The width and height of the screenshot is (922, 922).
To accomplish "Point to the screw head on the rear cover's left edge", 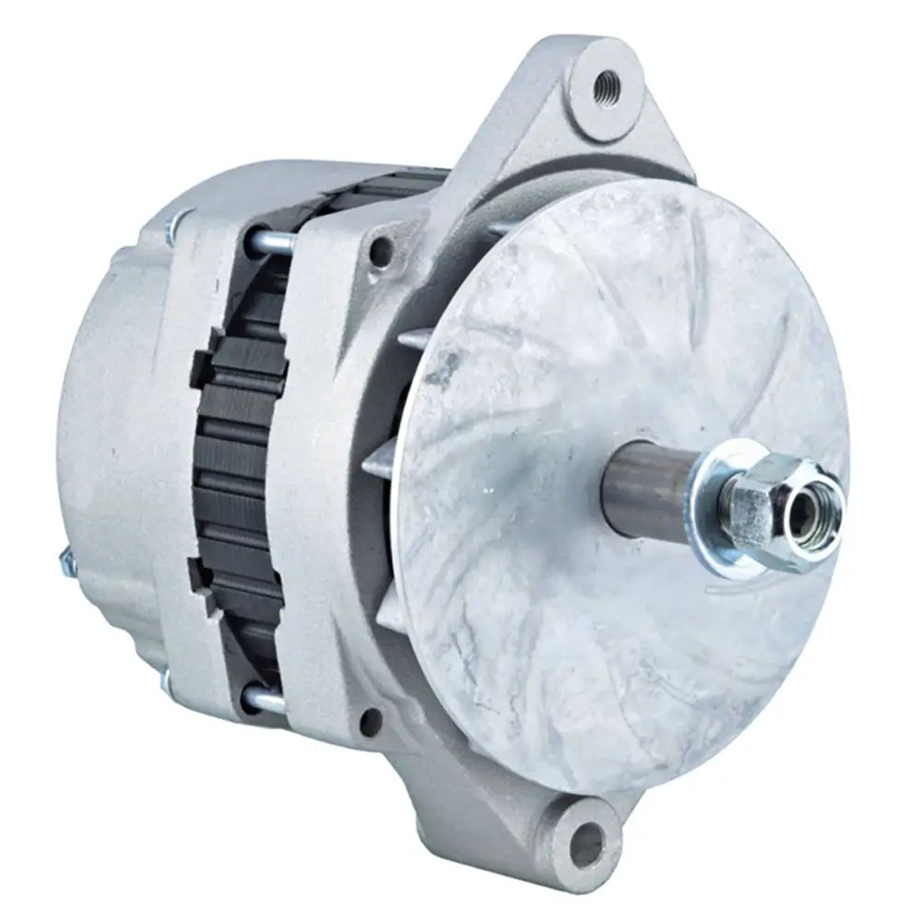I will click(x=66, y=561).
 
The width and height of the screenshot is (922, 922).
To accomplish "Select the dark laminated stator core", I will click(x=242, y=461).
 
